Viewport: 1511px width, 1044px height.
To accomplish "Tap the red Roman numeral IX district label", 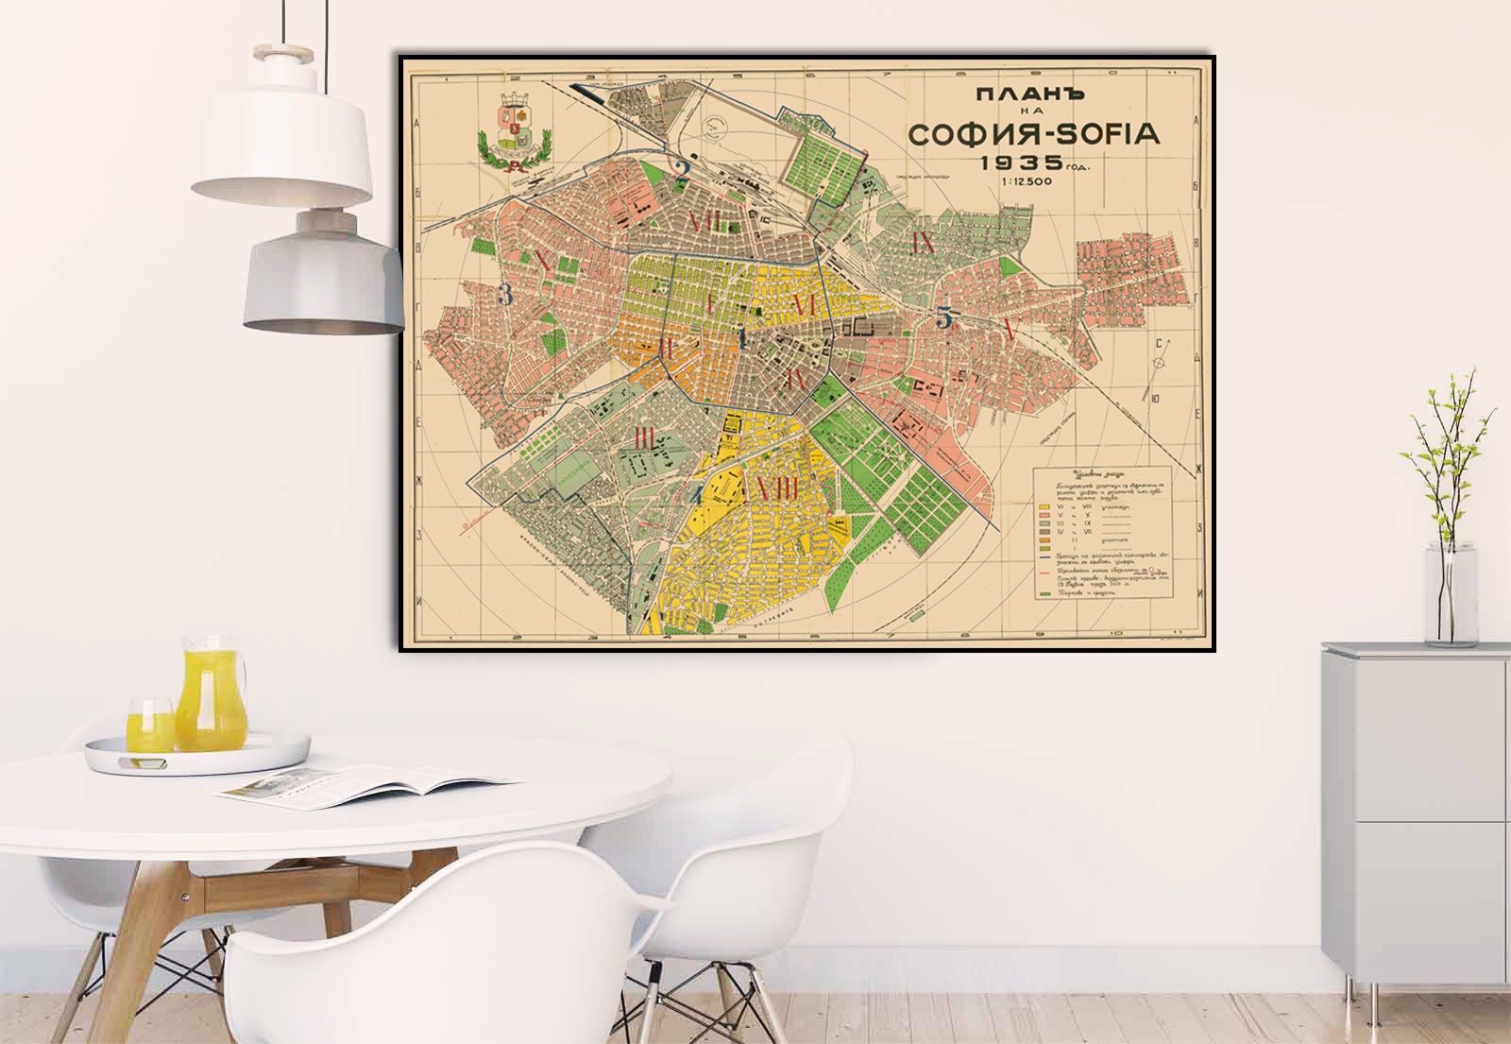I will [x=923, y=243].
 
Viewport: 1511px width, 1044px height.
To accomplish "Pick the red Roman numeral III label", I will [x=646, y=437].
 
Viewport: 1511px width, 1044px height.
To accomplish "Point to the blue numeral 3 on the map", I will [x=505, y=296].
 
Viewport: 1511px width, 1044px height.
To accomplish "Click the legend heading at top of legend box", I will [x=1095, y=474].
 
